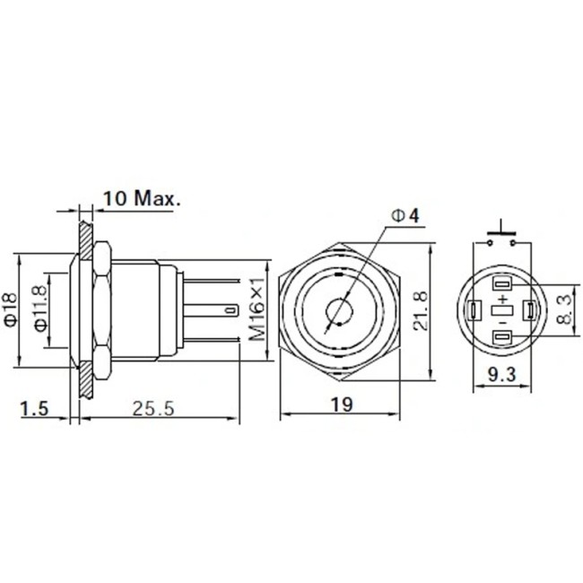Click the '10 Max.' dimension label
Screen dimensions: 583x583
[142, 198]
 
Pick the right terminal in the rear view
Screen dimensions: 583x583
[531, 310]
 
